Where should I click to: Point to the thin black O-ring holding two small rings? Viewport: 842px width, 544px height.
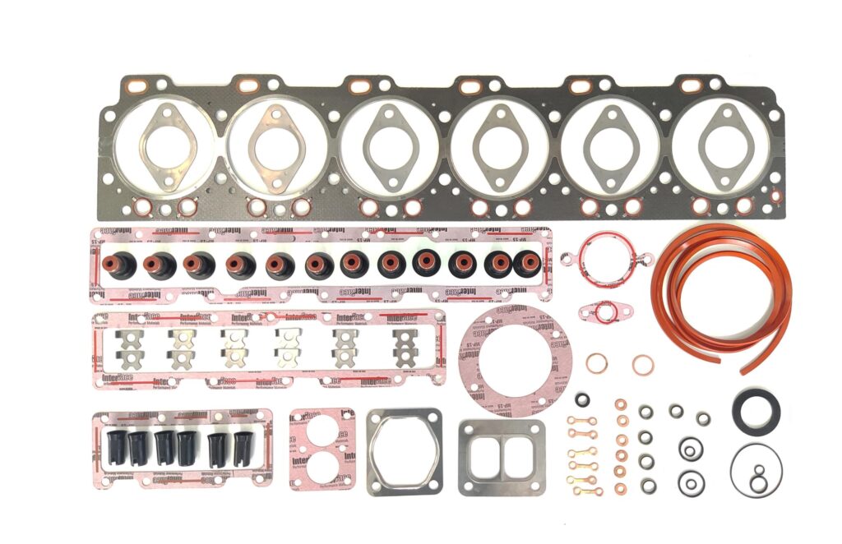point(756,470)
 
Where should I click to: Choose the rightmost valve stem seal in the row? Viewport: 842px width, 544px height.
point(526,263)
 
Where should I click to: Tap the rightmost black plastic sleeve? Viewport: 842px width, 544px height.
point(243,448)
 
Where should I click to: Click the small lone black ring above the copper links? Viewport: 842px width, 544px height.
point(582,400)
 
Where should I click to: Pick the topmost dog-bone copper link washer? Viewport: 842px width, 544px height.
point(581,421)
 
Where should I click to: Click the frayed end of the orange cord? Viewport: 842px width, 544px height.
point(747,367)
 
